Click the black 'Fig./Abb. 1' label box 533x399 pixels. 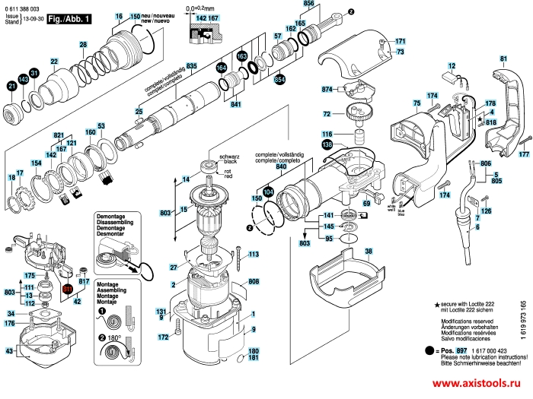68,17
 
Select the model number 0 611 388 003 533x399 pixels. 22,7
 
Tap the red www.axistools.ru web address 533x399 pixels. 477,384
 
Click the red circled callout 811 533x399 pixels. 67,290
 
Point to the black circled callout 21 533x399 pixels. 11,87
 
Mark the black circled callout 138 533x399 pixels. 327,144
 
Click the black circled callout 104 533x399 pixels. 267,192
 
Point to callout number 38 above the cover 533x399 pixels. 369,251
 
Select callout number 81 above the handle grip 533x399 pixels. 503,59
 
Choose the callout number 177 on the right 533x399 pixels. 523,155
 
